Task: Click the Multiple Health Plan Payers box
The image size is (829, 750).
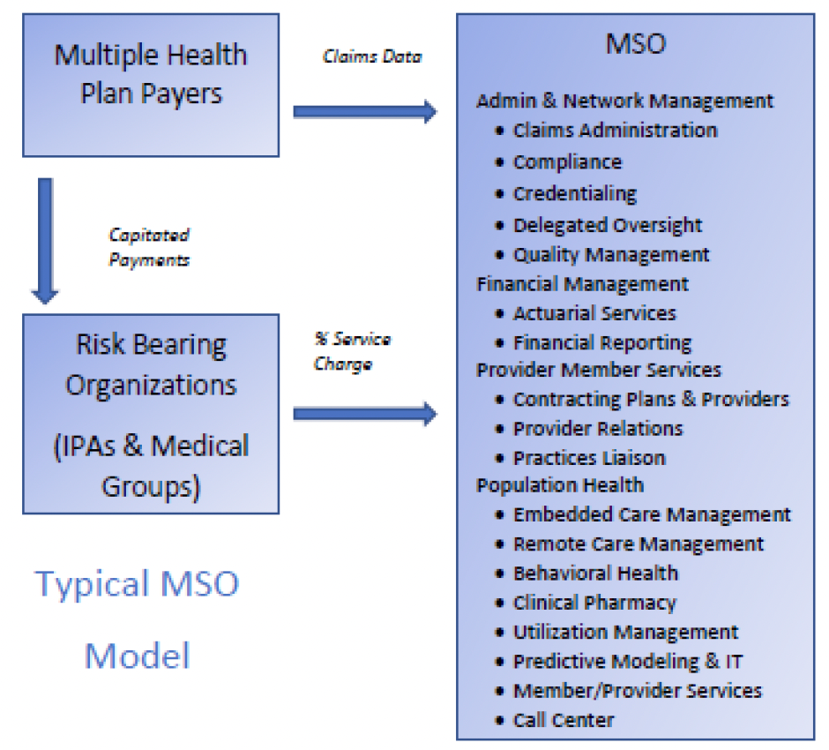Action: pos(151,85)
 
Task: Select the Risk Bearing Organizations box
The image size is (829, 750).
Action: pos(151,414)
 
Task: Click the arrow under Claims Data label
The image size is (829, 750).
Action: pos(364,111)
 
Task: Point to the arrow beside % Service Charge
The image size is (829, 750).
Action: pos(364,413)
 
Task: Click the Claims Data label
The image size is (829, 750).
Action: pos(371,56)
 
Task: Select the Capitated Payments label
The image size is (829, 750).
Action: pos(149,248)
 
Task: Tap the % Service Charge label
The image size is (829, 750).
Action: pos(352,351)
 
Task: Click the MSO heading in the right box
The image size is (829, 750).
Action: pos(635,43)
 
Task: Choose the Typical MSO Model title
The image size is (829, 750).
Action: pos(138,619)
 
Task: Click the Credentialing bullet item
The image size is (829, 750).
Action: pos(574,193)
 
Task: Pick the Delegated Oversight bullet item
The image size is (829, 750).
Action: pos(608,225)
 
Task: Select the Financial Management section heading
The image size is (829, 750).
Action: pos(582,284)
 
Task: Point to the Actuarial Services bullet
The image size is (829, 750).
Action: pos(594,313)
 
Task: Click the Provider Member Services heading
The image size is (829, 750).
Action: pos(599,370)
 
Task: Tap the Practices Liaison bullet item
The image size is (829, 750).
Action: pos(589,458)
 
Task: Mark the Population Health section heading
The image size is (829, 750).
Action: pos(560,485)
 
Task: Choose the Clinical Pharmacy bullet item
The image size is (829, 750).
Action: pos(594,604)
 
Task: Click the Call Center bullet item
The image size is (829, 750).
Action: pos(564,720)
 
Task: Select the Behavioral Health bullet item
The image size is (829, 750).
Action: pos(595,574)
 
